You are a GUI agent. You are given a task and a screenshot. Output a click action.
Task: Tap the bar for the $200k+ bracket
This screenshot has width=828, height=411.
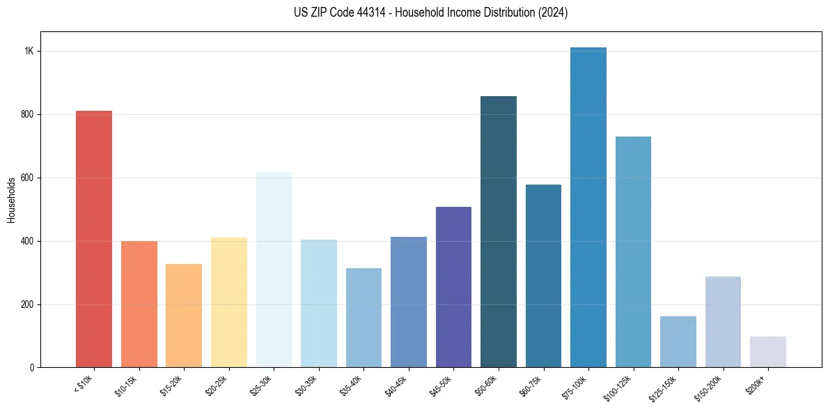[x=767, y=352]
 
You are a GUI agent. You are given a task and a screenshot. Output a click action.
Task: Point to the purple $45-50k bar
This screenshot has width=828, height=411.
[x=453, y=287]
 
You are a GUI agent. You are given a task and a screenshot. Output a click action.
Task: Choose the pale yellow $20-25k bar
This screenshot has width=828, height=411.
[x=228, y=302]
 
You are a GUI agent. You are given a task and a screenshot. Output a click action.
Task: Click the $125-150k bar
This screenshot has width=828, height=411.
[x=678, y=341]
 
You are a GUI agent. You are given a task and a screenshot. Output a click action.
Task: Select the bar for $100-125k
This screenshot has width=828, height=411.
[x=633, y=252]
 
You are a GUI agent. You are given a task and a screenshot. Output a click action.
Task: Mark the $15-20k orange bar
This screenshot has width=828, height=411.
[x=184, y=316]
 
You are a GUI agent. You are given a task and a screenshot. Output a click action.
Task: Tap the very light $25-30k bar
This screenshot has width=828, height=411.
[x=274, y=270]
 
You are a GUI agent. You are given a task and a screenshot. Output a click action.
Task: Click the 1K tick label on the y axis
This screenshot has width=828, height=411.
[x=29, y=52]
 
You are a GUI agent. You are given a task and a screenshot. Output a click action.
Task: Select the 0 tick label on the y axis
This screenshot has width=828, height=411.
[x=31, y=368]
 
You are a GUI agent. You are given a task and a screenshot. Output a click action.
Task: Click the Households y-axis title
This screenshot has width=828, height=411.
[x=11, y=200]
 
